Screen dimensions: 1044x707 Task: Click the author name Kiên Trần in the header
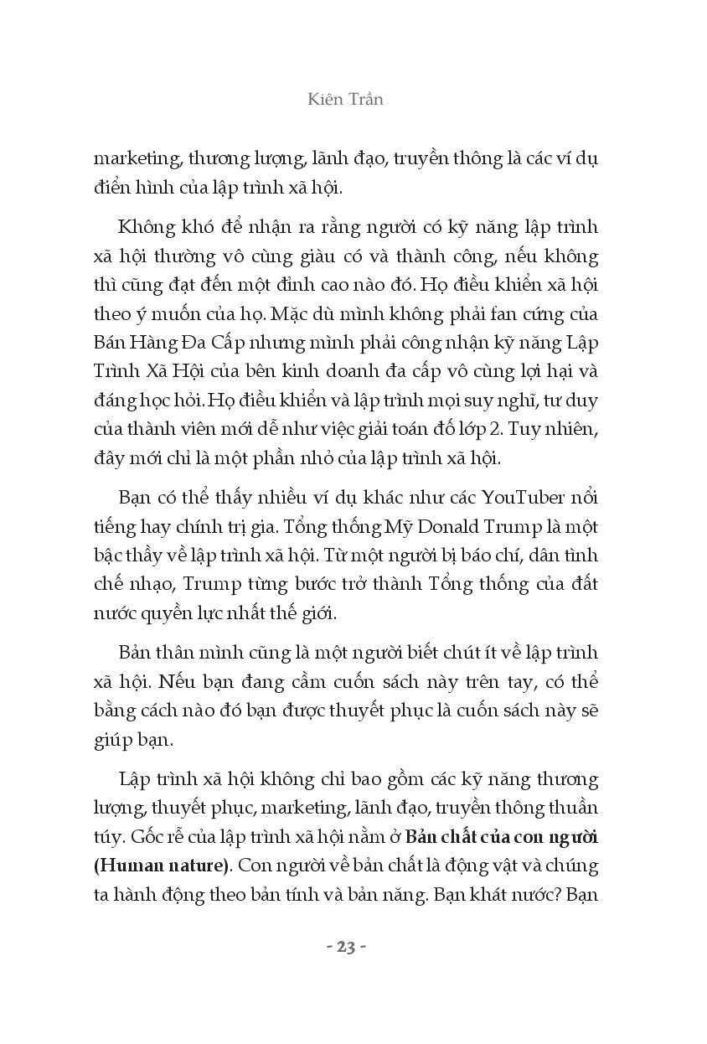tap(345, 99)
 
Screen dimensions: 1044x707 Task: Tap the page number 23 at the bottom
tap(346, 947)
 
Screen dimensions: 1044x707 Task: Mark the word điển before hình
tap(112, 186)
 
